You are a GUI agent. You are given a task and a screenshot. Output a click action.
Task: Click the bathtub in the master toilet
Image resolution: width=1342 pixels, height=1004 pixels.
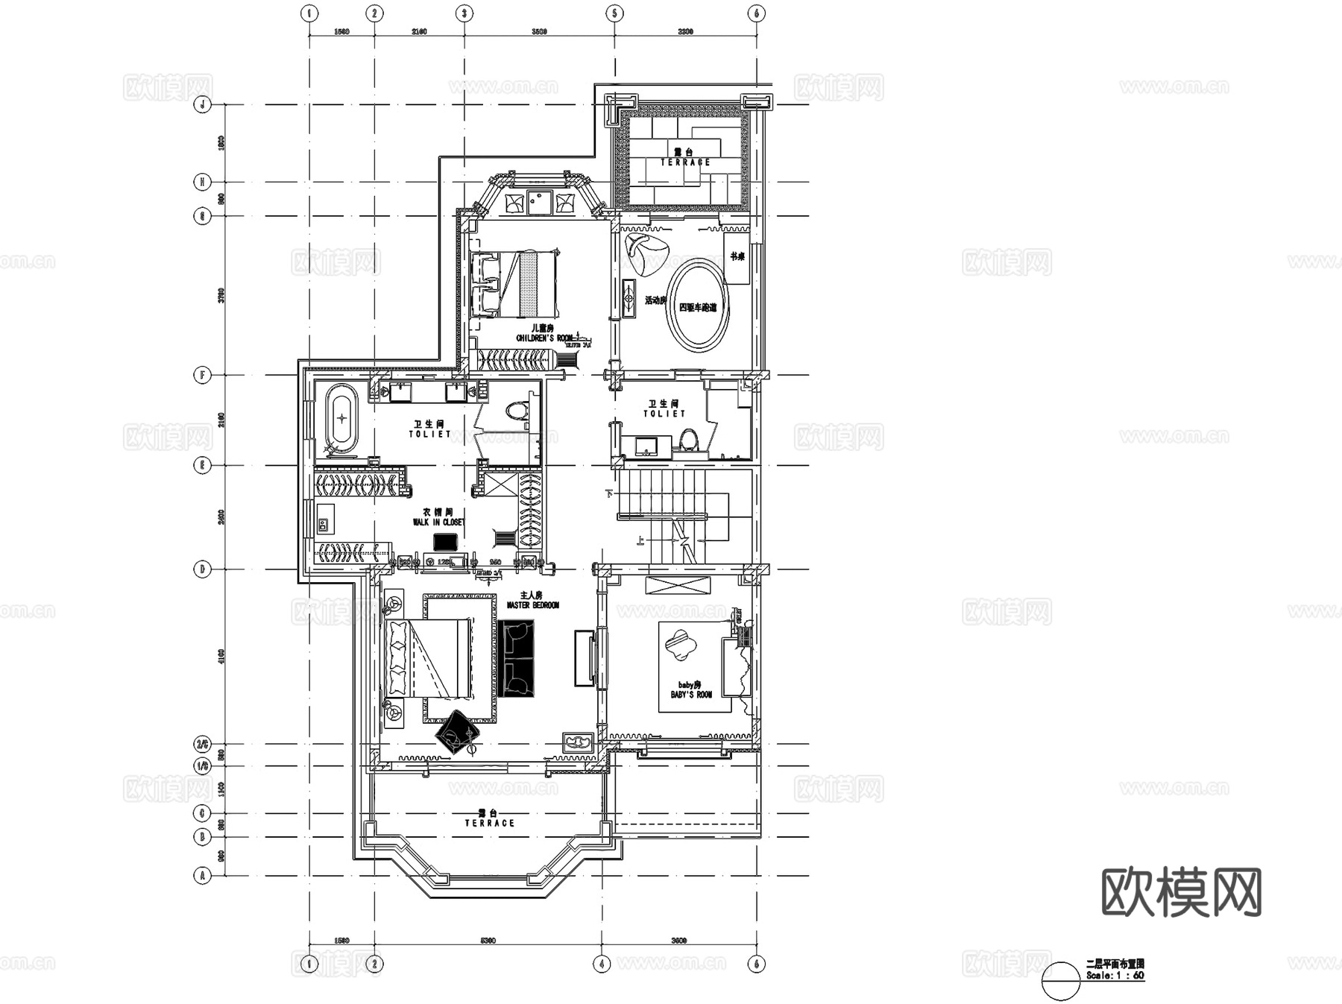[341, 418]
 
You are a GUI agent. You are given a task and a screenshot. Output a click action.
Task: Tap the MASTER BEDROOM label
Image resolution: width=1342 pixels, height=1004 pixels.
[532, 601]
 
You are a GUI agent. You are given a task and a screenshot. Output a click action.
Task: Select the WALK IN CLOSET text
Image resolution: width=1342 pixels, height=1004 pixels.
[438, 518]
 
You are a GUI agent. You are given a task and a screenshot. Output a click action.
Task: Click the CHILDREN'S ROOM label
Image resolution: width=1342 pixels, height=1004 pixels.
[544, 334]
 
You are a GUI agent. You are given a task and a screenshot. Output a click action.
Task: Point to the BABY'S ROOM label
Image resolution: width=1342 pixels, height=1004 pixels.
[691, 690]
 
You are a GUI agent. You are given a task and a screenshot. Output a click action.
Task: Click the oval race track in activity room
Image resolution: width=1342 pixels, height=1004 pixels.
[699, 304]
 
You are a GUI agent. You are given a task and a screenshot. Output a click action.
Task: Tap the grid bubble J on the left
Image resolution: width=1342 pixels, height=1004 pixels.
[203, 104]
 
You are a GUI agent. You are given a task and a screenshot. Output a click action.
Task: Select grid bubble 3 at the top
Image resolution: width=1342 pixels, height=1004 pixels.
[464, 13]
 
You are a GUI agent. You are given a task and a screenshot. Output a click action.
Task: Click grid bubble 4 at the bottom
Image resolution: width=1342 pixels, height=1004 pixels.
[602, 963]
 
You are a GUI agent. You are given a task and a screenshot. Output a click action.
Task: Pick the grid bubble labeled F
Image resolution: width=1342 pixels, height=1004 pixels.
[203, 375]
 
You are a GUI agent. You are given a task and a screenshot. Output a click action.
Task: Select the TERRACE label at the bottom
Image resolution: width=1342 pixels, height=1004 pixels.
[489, 819]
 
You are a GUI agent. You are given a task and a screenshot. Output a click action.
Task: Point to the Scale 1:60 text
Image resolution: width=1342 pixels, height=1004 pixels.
[1115, 975]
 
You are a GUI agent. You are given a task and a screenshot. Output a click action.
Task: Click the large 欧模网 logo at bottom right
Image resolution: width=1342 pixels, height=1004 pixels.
[1181, 891]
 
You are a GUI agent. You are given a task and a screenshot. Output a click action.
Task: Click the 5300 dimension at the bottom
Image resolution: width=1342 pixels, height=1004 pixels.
[487, 941]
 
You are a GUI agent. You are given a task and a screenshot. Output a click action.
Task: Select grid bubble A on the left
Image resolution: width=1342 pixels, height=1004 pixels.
[203, 875]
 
